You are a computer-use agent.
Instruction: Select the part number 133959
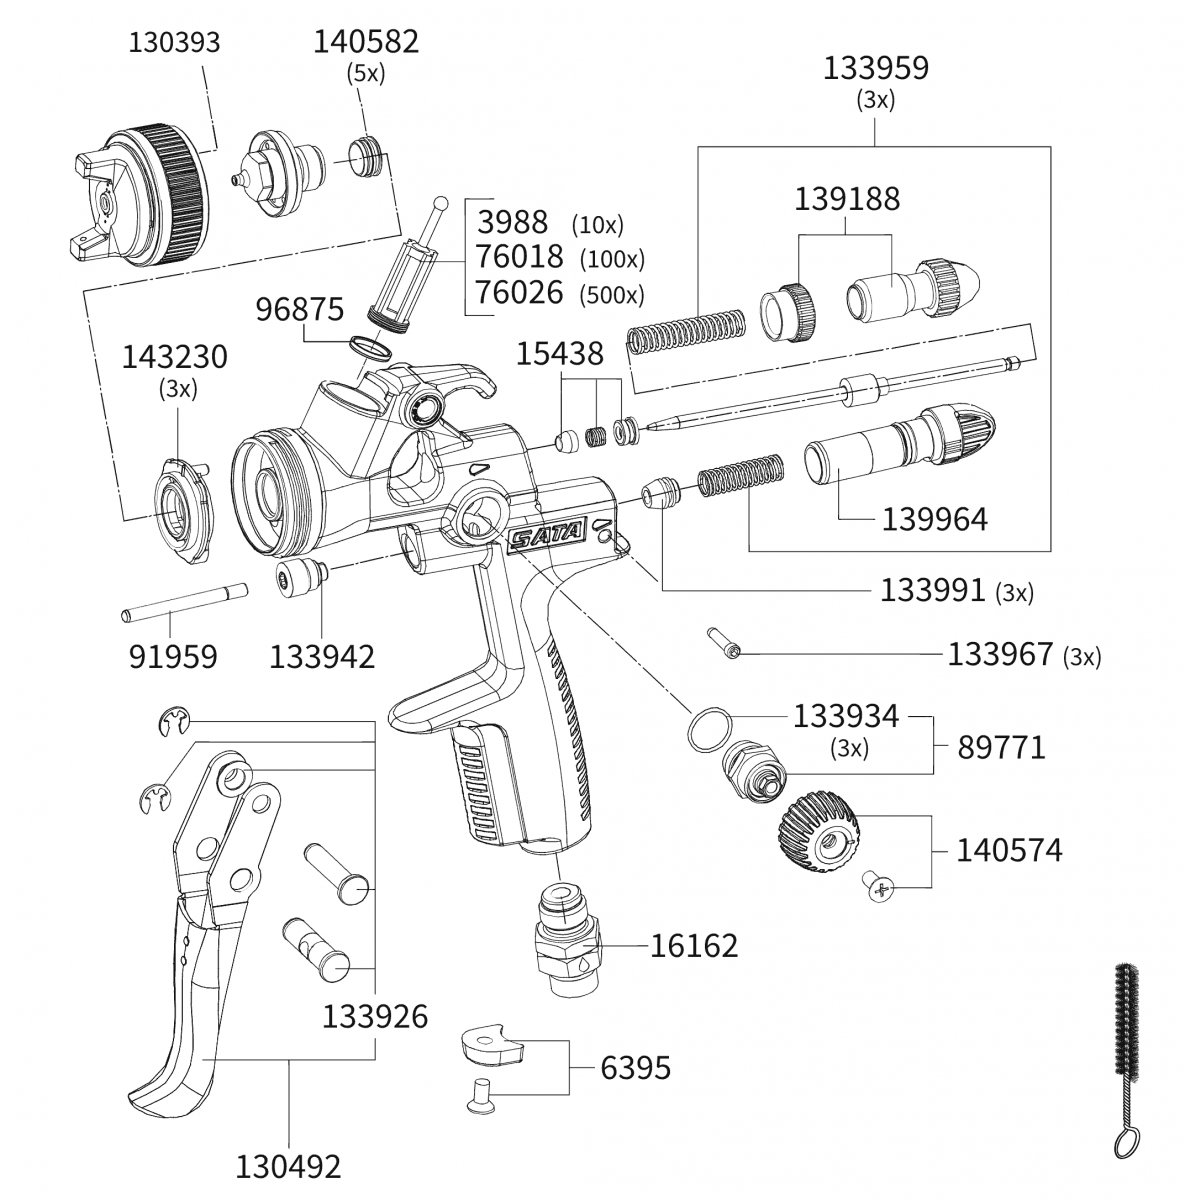tap(875, 68)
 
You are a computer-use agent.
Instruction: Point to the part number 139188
tap(847, 198)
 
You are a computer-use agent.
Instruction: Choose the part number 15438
tap(560, 354)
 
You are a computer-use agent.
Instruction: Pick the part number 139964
tap(934, 520)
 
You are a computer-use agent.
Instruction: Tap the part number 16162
tap(694, 945)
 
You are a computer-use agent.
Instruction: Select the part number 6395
tap(636, 1068)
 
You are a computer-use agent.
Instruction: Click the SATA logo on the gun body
tap(546, 537)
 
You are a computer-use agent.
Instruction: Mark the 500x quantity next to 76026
tap(613, 295)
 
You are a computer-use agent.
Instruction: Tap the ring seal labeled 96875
tap(371, 347)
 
